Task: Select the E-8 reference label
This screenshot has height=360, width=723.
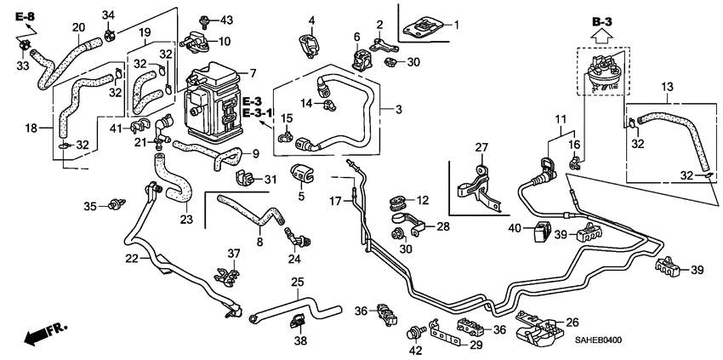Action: (x=25, y=18)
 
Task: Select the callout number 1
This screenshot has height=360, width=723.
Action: (x=456, y=26)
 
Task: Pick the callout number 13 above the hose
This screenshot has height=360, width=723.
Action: (x=666, y=89)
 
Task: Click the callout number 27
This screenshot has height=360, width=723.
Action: (x=481, y=149)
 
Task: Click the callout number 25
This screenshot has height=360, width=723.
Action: (x=297, y=282)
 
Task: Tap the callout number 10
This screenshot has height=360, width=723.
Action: (x=225, y=42)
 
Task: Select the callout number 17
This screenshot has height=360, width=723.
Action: (x=335, y=201)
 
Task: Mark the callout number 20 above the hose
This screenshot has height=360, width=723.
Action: (x=78, y=27)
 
